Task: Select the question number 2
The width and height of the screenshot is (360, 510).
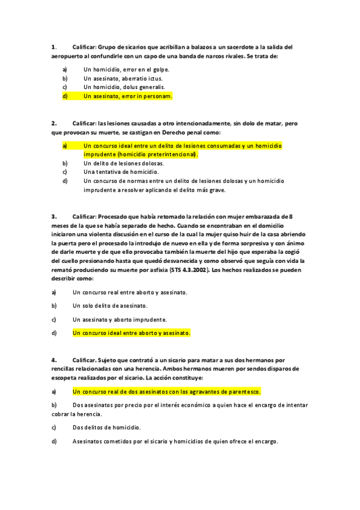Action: click(53, 123)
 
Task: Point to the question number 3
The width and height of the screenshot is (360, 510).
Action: click(53, 217)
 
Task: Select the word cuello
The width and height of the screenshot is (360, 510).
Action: click(61, 262)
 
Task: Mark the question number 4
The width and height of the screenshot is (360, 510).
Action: click(53, 360)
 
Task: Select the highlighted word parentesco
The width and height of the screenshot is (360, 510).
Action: click(245, 392)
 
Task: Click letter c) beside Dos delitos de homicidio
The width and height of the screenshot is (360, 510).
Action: click(54, 428)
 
